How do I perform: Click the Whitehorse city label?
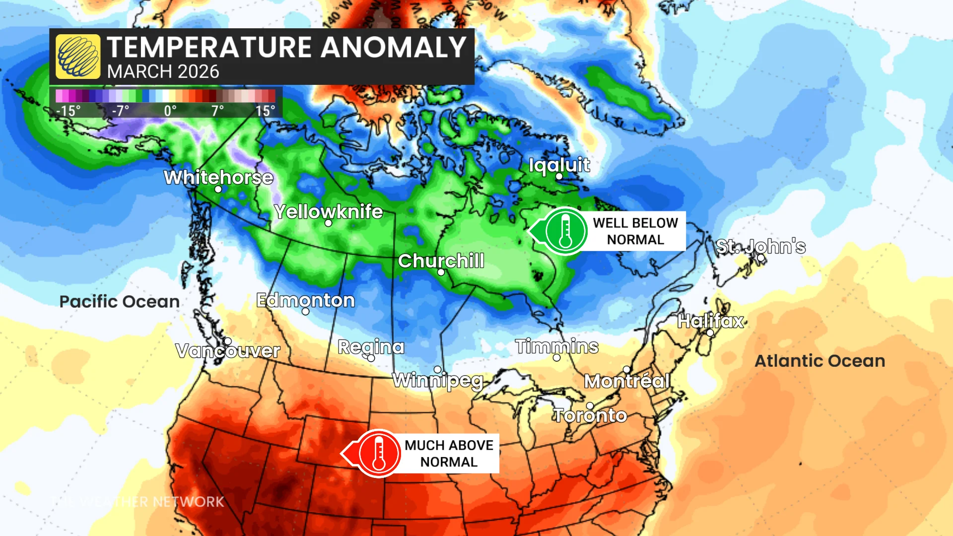(x=218, y=177)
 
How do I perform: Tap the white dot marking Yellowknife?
(x=328, y=223)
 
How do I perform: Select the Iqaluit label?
(x=559, y=165)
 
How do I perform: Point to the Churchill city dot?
(x=441, y=272)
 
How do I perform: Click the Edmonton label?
(x=305, y=300)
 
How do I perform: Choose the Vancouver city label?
(x=228, y=351)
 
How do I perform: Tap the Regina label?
(x=371, y=346)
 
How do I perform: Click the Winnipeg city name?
(x=437, y=381)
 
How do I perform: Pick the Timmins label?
(x=556, y=346)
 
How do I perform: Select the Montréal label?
(x=626, y=381)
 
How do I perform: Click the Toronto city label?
(x=590, y=415)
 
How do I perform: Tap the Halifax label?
(x=710, y=321)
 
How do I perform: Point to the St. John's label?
(x=760, y=246)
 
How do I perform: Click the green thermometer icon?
(x=565, y=231)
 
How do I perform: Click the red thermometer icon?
(x=378, y=454)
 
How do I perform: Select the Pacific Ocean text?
(x=119, y=301)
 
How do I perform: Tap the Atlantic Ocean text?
(x=819, y=361)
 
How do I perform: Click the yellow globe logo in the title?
(x=78, y=57)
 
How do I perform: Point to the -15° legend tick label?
(x=68, y=110)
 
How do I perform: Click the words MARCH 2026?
(x=163, y=72)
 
